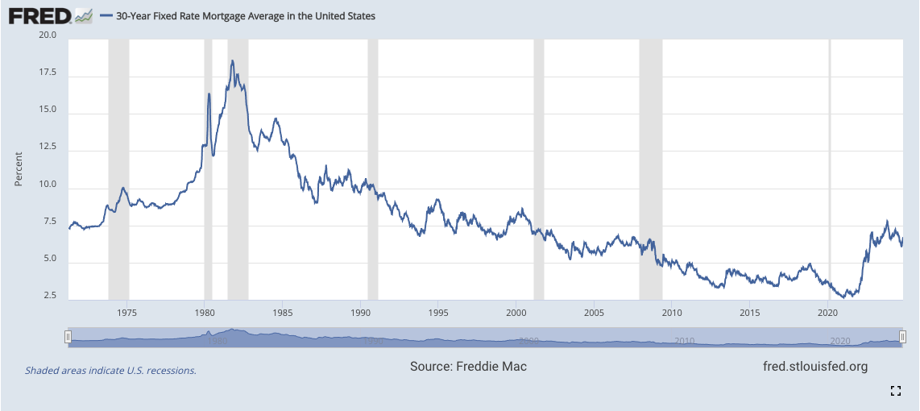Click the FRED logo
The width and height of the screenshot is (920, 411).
[x=50, y=15]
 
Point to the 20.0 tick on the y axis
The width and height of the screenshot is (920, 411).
[x=47, y=35]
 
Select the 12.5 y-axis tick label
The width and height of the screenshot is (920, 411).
[x=47, y=147]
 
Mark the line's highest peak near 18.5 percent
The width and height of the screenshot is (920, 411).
[x=232, y=60]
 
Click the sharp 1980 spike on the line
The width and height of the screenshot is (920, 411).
[x=209, y=94]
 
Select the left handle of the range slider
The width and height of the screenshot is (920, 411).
[x=68, y=336]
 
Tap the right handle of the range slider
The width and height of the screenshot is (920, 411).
[x=902, y=336]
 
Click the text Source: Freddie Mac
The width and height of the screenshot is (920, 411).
[x=468, y=367]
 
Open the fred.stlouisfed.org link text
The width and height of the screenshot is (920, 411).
[x=814, y=367]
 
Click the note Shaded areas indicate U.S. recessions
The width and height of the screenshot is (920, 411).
[x=110, y=371]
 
